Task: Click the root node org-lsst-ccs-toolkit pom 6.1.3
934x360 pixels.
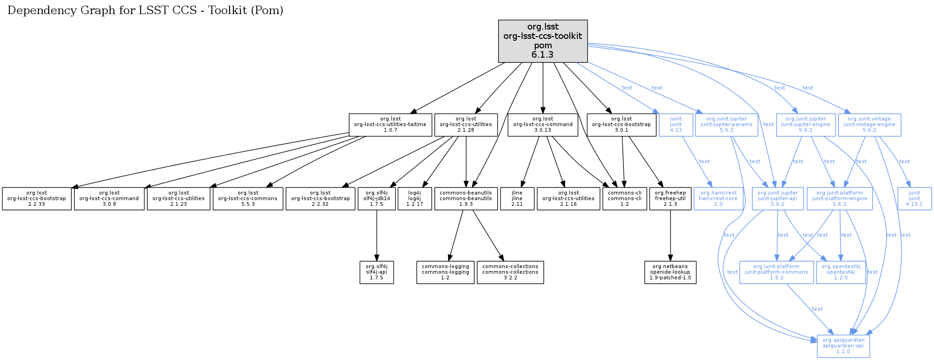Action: point(543,41)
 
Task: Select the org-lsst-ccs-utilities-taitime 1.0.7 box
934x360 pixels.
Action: point(390,125)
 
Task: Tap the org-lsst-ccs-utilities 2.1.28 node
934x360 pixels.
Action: point(465,125)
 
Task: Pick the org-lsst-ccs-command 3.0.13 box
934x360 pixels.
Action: point(543,125)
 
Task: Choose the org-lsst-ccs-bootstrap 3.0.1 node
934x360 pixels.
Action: point(621,125)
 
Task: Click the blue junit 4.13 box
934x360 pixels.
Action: point(675,125)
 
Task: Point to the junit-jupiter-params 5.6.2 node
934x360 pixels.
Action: point(726,125)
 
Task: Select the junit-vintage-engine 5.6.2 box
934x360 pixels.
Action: point(869,125)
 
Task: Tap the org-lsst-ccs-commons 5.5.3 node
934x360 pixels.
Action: point(247,199)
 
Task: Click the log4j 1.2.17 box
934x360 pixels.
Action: point(414,199)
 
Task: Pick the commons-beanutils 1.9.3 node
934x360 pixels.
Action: point(465,199)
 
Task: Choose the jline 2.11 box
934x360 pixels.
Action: point(517,199)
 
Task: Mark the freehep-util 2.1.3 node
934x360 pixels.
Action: point(670,199)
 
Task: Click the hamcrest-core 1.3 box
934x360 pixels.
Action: point(717,199)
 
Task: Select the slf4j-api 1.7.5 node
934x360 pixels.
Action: point(376,272)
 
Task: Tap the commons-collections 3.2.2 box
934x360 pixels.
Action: point(510,272)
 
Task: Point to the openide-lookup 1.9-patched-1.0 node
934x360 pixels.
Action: point(670,272)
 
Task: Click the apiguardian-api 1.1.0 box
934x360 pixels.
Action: point(843,346)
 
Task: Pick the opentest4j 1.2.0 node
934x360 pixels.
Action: point(840,272)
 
